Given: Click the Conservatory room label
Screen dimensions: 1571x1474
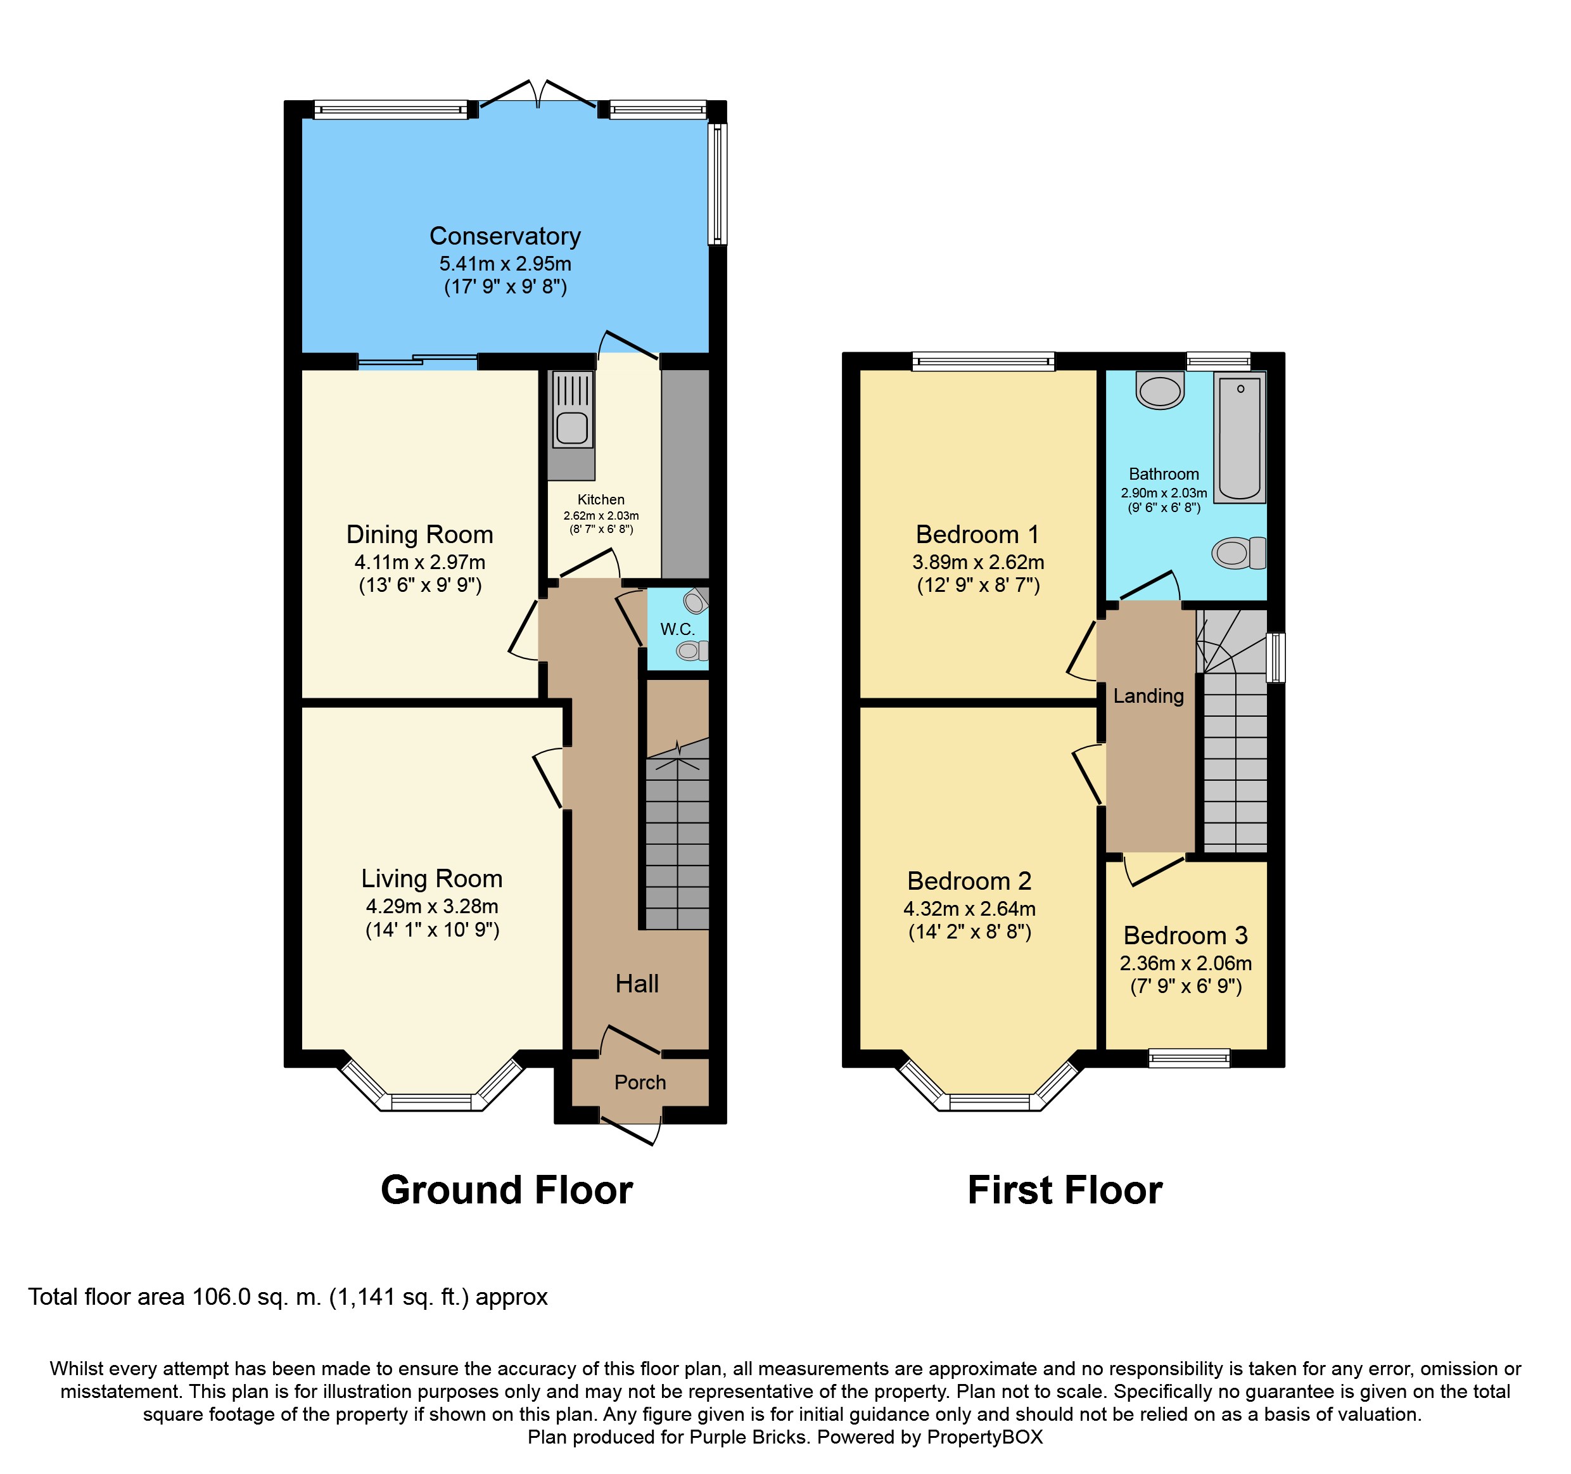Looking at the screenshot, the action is [x=505, y=236].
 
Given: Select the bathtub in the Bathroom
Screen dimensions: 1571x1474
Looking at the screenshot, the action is [x=1239, y=437].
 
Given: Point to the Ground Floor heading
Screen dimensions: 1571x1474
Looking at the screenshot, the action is [x=507, y=1189].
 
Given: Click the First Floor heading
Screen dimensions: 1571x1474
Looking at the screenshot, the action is [x=1064, y=1189].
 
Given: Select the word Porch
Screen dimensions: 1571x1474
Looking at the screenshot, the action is [x=640, y=1082].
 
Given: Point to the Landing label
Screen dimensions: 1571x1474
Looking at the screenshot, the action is [x=1148, y=696].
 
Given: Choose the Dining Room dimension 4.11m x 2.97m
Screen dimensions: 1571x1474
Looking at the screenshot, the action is [x=419, y=562].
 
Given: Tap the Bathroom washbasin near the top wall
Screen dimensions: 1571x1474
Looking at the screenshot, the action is [x=1160, y=390].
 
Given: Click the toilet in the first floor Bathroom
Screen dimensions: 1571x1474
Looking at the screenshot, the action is [x=1238, y=553].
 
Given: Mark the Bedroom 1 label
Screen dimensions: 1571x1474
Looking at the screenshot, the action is [x=977, y=534].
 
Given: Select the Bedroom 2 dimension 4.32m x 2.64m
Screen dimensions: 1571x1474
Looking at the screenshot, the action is [x=970, y=909].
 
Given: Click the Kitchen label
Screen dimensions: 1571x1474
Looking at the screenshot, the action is [x=601, y=499].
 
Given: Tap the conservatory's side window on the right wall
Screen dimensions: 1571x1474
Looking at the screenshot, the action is [x=716, y=183].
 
